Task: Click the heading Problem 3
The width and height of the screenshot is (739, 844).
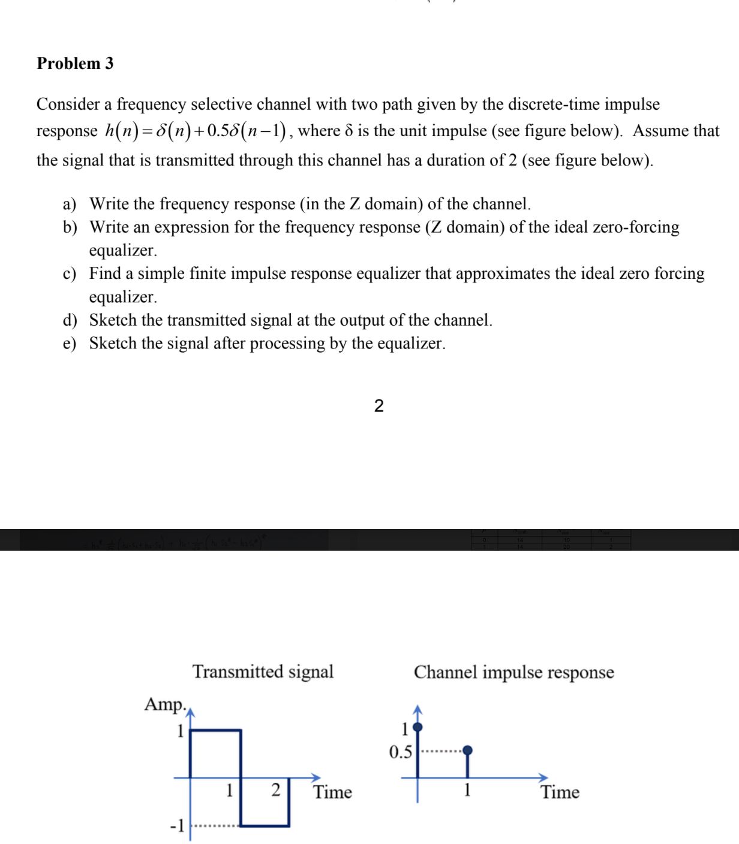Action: point(75,64)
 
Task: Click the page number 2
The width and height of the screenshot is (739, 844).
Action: point(378,406)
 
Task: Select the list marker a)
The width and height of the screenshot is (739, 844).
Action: point(70,205)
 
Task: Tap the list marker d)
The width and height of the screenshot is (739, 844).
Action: point(70,320)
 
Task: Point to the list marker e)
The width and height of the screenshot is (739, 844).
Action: point(70,344)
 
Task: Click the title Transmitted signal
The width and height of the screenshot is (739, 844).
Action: point(263,672)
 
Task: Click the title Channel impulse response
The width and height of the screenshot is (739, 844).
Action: point(513,672)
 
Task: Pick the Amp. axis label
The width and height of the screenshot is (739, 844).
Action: point(165,704)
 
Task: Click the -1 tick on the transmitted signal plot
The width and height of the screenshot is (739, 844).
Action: point(177,826)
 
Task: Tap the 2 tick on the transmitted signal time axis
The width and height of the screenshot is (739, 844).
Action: point(276,790)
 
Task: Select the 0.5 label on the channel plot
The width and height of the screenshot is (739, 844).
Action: point(400,752)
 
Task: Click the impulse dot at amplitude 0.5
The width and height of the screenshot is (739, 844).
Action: point(468,750)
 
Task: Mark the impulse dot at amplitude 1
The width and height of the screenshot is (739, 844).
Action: point(418,728)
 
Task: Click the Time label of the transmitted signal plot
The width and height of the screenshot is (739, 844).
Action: point(332,792)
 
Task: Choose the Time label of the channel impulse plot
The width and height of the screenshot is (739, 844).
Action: point(560,792)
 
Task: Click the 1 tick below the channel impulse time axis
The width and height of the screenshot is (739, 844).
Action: point(467,790)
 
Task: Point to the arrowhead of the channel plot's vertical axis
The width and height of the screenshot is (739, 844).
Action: point(418,710)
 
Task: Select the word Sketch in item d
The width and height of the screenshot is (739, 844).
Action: point(113,320)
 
